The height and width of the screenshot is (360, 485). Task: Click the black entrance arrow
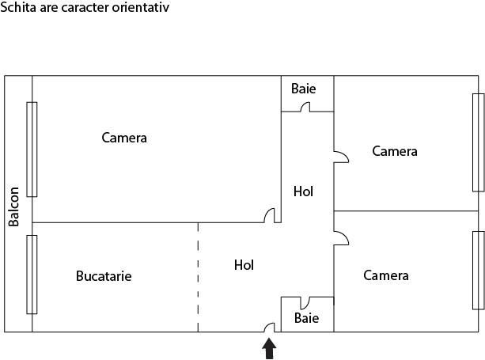tap(269, 349)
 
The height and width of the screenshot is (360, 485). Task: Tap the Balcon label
tap(14, 207)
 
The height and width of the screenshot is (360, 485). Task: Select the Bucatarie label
tap(104, 276)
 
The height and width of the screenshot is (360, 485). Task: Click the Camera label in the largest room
tap(124, 138)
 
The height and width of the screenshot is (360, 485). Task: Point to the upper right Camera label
tap(395, 151)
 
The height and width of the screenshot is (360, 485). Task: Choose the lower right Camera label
tap(386, 275)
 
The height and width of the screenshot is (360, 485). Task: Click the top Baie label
tap(304, 89)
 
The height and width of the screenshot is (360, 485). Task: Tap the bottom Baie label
tap(306, 318)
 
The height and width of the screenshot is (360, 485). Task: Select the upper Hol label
tap(303, 191)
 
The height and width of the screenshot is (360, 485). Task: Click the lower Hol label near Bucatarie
tap(244, 265)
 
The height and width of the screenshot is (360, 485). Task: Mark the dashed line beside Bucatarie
tap(198, 277)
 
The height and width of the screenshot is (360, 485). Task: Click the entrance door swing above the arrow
tap(270, 327)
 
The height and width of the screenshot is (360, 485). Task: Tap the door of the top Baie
tap(305, 107)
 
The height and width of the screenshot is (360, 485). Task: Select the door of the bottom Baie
tap(305, 302)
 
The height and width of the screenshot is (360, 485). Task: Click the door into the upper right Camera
tap(342, 157)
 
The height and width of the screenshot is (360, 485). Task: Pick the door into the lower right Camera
tap(342, 237)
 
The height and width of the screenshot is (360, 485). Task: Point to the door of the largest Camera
tap(270, 214)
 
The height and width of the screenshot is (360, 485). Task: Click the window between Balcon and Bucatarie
tap(32, 275)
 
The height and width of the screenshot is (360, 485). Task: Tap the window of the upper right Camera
tap(478, 142)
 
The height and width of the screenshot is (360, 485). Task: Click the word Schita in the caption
tap(18, 7)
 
